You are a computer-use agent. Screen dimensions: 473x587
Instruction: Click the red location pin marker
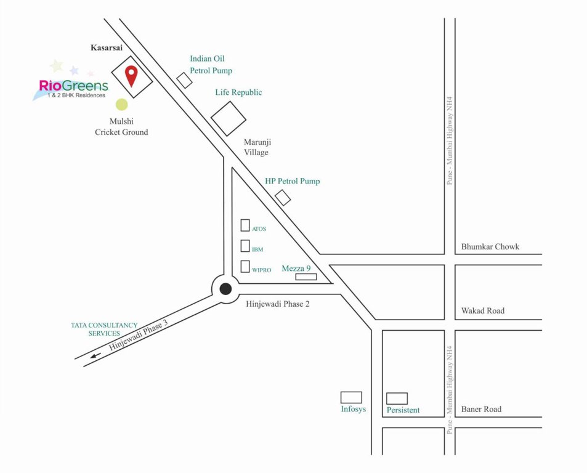tap(131, 75)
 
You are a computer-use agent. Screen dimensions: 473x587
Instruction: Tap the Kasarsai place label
tap(107, 47)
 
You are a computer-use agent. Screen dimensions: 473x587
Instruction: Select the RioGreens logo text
tap(73, 86)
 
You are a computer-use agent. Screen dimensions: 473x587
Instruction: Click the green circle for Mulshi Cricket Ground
tap(122, 105)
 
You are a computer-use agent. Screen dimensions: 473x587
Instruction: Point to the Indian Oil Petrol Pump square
tap(184, 80)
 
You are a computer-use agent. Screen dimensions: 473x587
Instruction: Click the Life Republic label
tap(238, 92)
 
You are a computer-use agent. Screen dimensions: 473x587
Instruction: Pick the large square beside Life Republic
tap(229, 118)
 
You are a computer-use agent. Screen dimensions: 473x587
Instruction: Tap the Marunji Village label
tap(256, 147)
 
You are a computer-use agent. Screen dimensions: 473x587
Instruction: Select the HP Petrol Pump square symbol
tap(283, 198)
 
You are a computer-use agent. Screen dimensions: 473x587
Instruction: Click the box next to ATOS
tap(245, 225)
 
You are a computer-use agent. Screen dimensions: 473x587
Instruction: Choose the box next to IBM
tap(245, 246)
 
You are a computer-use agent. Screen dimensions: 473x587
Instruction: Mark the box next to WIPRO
tap(245, 267)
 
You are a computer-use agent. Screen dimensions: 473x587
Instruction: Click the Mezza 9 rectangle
tap(306, 277)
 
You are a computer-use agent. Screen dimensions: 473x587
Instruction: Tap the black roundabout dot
tap(225, 288)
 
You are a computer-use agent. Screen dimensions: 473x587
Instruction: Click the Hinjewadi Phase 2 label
tap(275, 304)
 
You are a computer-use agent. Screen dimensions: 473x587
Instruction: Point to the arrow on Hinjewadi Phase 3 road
tap(95, 355)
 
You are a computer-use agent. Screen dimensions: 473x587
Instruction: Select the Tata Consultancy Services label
tap(104, 329)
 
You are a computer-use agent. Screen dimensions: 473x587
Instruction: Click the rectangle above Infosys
tap(351, 397)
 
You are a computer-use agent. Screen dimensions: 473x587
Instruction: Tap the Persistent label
tap(403, 410)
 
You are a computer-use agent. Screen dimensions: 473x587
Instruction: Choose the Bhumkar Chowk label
tap(490, 247)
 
